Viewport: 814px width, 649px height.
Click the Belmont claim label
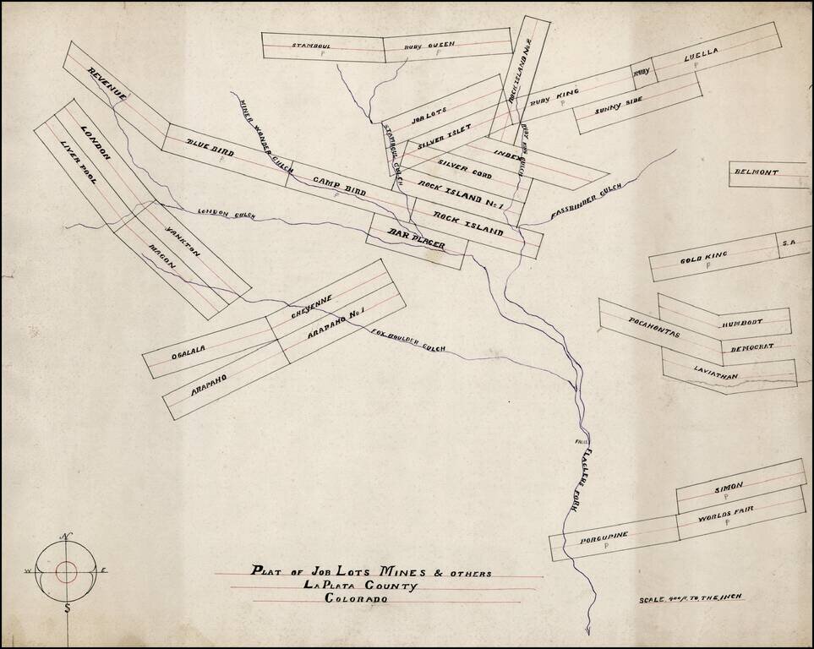(757, 172)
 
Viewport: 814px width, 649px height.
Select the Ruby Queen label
(429, 44)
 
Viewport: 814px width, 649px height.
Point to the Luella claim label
(701, 53)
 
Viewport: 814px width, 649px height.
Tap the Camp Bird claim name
(339, 186)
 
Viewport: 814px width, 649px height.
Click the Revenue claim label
(107, 85)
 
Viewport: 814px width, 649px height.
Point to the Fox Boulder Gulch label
(408, 338)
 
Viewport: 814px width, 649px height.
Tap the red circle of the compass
(66, 571)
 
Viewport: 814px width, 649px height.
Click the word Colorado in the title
(356, 598)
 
